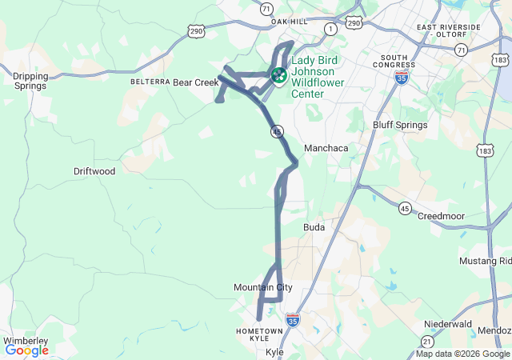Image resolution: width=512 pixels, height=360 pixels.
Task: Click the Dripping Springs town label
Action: point(30,81)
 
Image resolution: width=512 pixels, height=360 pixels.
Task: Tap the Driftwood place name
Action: point(94,171)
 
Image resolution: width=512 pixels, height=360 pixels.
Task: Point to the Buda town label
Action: point(314,227)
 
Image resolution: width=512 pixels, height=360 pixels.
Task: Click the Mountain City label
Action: point(263,287)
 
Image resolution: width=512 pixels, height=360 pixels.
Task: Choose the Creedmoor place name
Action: point(441,216)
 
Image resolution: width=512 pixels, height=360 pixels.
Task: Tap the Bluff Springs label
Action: point(400,125)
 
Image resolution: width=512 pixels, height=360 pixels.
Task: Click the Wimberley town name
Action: point(25,341)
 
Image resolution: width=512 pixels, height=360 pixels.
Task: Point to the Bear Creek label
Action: point(196,82)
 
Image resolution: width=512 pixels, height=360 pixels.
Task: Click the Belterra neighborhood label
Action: point(150,82)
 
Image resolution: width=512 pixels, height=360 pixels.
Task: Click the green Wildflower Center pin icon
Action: point(278,75)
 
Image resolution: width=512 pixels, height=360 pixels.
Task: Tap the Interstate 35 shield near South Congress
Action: point(402,77)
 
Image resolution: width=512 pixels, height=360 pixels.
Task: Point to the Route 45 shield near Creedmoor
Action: point(405,208)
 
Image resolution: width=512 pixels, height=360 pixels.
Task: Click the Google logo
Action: point(27,350)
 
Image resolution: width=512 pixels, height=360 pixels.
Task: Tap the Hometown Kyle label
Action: point(259,335)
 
